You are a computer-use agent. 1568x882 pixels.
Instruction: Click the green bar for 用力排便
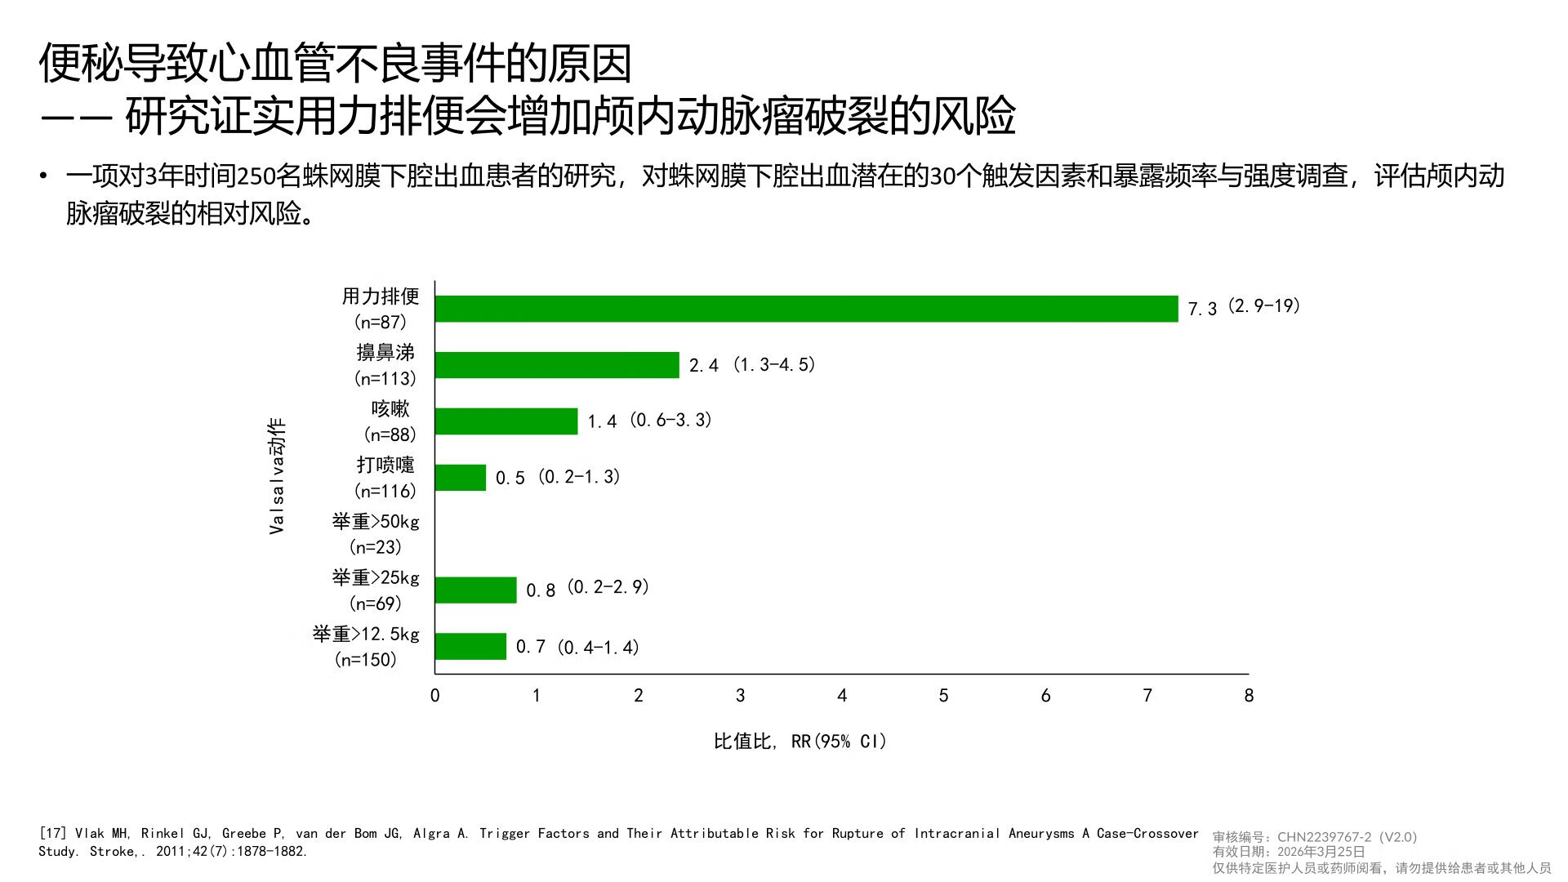click(x=806, y=309)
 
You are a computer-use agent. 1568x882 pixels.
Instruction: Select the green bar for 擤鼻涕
click(x=557, y=365)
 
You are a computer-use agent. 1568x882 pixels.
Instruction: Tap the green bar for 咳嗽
click(x=506, y=421)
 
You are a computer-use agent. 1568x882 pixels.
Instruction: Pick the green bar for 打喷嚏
click(x=461, y=478)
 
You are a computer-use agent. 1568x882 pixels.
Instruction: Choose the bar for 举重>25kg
click(x=475, y=590)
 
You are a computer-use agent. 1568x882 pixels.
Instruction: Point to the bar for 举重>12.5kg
click(x=470, y=646)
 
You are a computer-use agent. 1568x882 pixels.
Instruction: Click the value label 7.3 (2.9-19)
click(x=1243, y=307)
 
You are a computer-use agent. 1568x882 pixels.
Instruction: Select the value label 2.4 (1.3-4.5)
click(x=751, y=365)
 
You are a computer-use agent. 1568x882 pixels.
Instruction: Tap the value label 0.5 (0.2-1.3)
click(x=558, y=477)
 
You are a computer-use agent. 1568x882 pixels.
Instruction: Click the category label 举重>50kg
click(x=376, y=522)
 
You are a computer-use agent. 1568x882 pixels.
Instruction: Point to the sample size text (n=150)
click(x=366, y=660)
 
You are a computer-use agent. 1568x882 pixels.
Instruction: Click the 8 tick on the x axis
click(x=1249, y=696)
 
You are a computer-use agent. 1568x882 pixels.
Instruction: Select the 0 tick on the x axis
click(x=434, y=696)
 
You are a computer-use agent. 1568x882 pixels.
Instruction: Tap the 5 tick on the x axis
click(x=943, y=696)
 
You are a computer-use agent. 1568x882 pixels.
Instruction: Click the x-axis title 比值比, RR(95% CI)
click(x=800, y=742)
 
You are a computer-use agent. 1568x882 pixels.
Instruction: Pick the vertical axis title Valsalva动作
click(x=277, y=476)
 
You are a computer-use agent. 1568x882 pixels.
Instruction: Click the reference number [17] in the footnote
click(x=53, y=834)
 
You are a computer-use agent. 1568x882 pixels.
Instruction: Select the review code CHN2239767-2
click(x=1324, y=837)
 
